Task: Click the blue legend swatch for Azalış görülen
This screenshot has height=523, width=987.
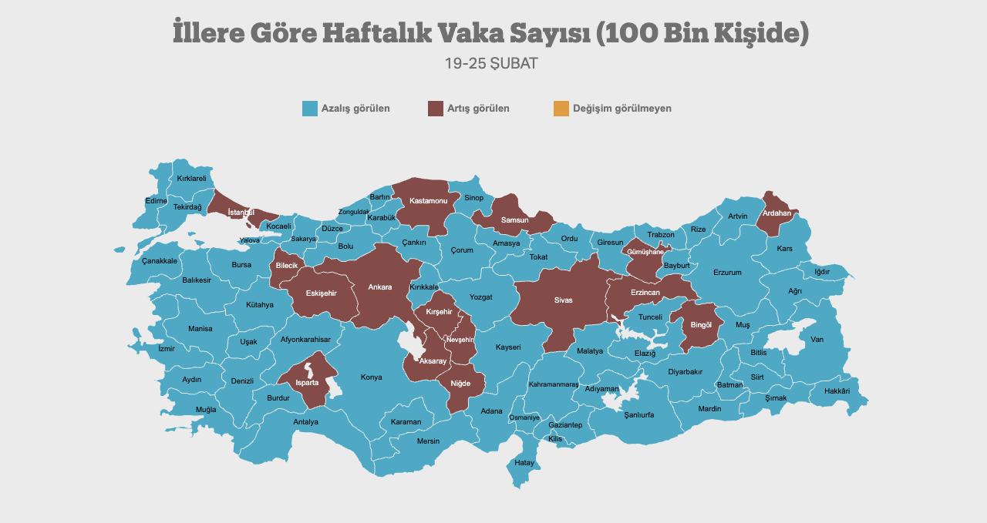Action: [x=310, y=109]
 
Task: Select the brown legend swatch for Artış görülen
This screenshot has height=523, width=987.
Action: [x=435, y=109]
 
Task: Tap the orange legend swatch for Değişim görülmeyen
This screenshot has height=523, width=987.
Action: [x=561, y=109]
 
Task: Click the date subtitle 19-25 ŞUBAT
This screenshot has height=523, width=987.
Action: [x=491, y=64]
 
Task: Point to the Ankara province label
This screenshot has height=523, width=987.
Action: [x=380, y=287]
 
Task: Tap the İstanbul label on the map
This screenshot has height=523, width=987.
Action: [x=241, y=212]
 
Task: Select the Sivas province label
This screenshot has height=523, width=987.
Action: [x=564, y=300]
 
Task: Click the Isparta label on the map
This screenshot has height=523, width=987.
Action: [x=305, y=382]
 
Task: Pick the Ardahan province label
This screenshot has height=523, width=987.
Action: [x=776, y=213]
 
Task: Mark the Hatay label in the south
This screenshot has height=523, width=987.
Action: [x=524, y=463]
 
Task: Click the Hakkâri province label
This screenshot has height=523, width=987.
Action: [x=837, y=391]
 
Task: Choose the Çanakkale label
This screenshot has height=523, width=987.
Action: [x=160, y=261]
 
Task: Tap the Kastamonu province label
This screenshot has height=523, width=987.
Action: [x=429, y=201]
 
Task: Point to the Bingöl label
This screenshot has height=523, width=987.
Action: [x=701, y=325]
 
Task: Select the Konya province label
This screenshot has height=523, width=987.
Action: [x=372, y=377]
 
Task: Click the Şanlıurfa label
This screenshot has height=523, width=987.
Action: [x=639, y=414]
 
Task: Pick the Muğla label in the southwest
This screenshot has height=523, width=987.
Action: [x=206, y=410]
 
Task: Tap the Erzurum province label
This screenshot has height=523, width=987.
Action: [x=727, y=273]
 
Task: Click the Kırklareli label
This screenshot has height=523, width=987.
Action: [x=192, y=179]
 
